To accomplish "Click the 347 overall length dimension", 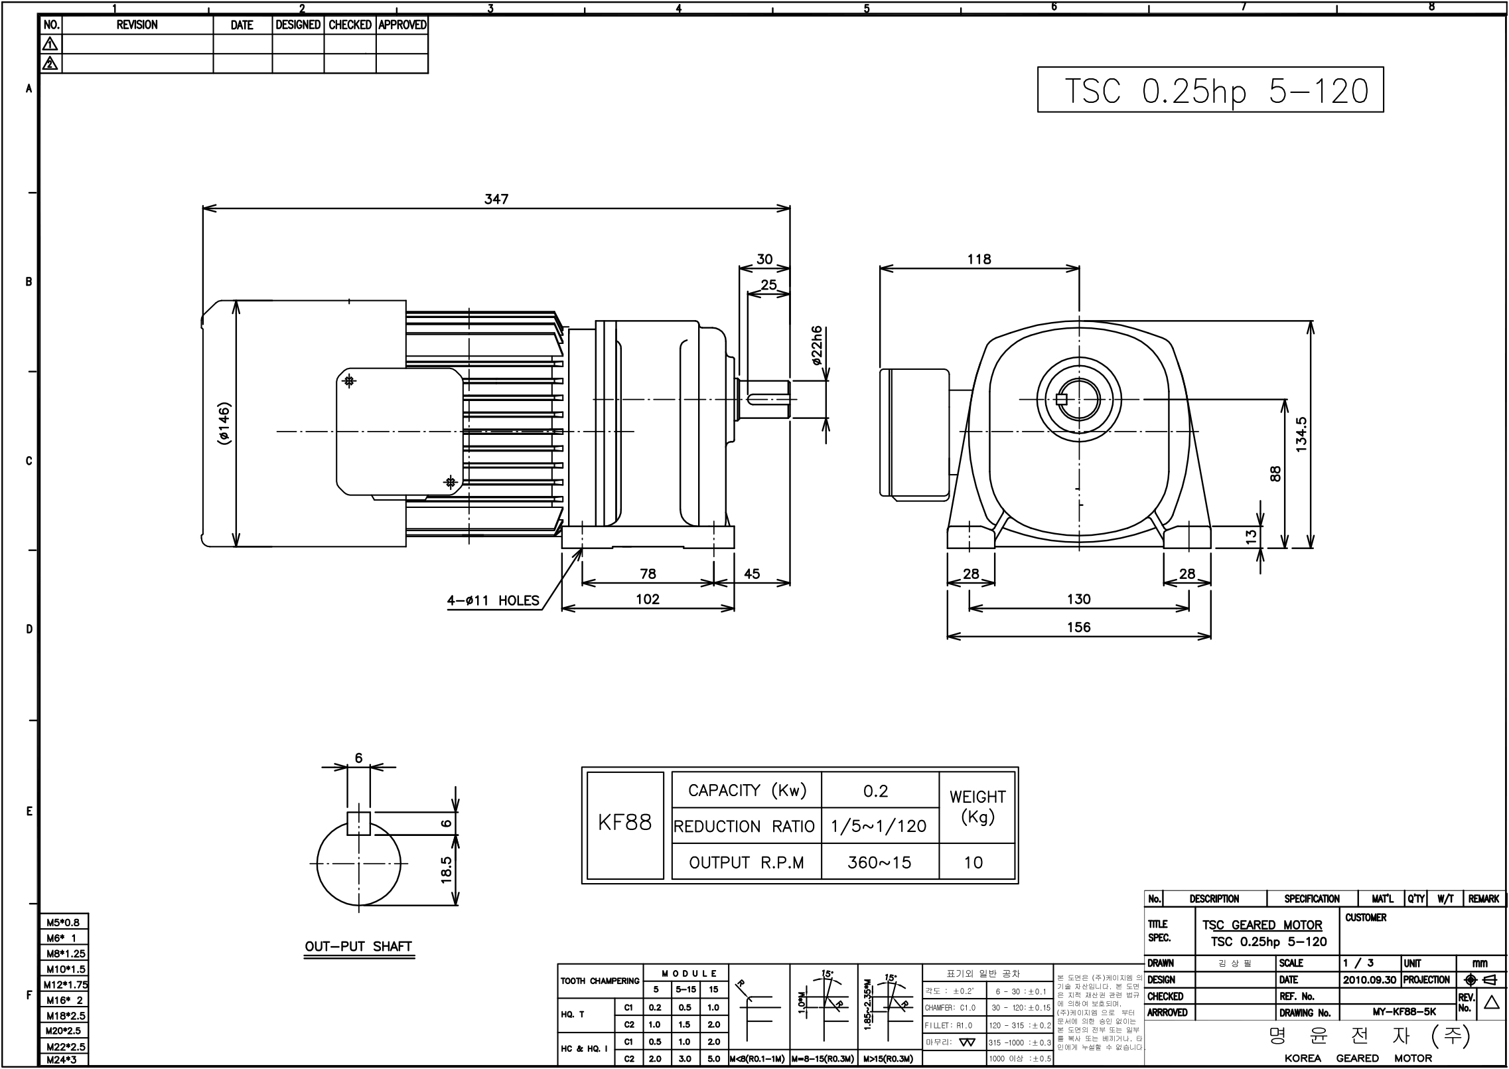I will pos(496,199).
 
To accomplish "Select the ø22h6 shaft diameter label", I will pos(817,347).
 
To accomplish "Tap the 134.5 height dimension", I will pos(1301,435).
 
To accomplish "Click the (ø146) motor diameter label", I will pos(224,424).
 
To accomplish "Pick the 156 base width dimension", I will pos(1078,627).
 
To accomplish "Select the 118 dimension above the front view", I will pos(979,259).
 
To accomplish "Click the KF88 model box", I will pos(625,824).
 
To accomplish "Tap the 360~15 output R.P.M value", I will pos(879,863).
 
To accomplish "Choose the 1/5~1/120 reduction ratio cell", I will pos(879,826).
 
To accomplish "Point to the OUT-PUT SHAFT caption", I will pos(358,946).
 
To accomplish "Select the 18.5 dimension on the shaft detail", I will pos(447,870).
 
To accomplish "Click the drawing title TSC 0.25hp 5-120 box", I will pos(1210,90).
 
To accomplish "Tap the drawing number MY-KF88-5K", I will pos(1404,1013).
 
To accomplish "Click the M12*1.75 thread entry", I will pos(65,985).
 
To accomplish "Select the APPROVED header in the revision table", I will pos(402,25).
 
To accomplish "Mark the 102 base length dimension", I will pos(648,600).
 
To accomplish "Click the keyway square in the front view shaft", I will pos(1060,400).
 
